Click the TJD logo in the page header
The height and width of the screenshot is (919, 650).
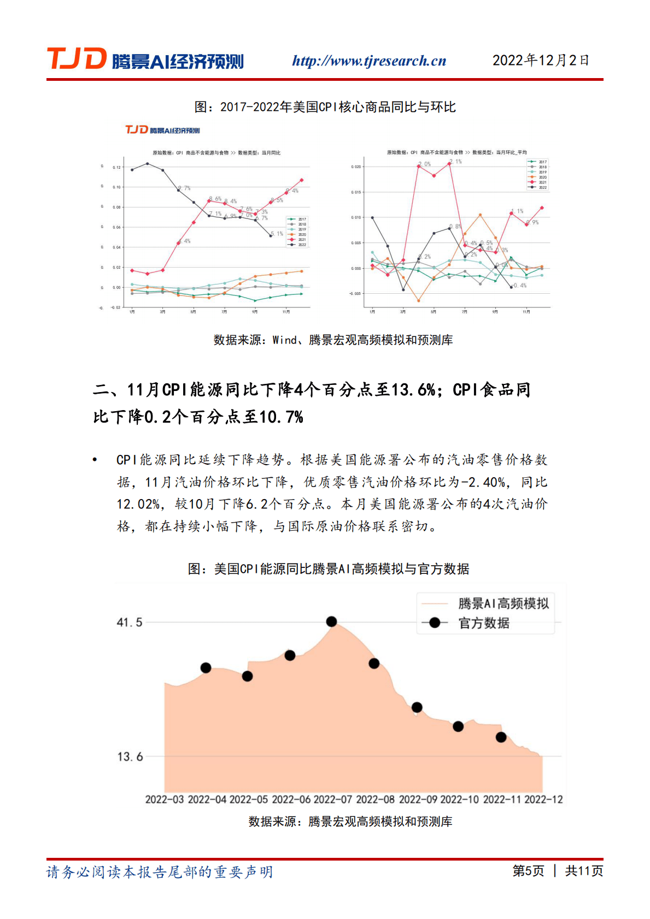[x=145, y=60]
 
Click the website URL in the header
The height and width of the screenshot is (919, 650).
[x=369, y=61]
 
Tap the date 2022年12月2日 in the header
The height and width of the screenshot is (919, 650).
[x=541, y=60]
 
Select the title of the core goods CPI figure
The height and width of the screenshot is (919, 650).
[x=325, y=107]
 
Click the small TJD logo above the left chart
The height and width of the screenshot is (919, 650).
[x=162, y=130]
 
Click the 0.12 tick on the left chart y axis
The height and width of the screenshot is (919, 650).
[x=116, y=167]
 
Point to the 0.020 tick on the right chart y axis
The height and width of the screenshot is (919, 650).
[x=356, y=167]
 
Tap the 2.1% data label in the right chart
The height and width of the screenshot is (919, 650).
[x=456, y=162]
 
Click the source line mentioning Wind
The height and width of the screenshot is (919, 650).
[x=333, y=340]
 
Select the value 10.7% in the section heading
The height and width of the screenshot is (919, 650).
[x=281, y=417]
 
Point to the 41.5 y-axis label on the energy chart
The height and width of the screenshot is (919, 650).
[x=130, y=622]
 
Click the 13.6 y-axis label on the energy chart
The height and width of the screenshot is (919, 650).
[x=130, y=757]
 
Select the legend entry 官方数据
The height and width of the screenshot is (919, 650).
[x=483, y=623]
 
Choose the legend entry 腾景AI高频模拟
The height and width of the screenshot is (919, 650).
[x=503, y=603]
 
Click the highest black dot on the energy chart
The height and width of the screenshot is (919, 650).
[x=331, y=621]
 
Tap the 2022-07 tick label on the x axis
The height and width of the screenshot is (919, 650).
[x=332, y=799]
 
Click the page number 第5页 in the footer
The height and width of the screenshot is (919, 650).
[x=528, y=870]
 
